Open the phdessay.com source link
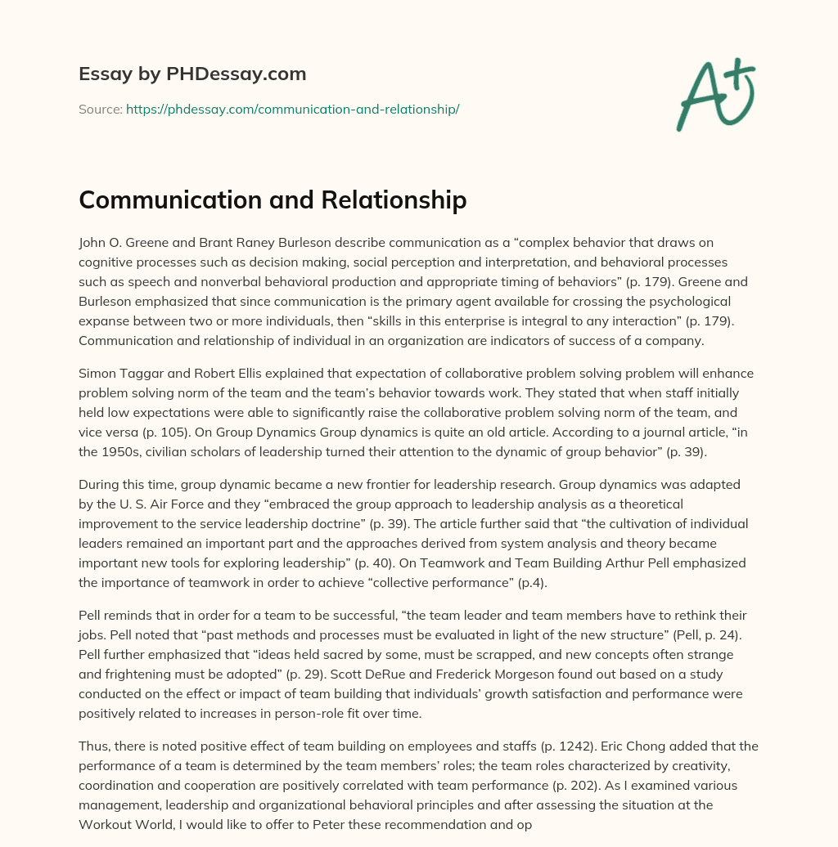point(292,109)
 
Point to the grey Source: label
point(100,109)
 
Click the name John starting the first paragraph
point(92,242)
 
